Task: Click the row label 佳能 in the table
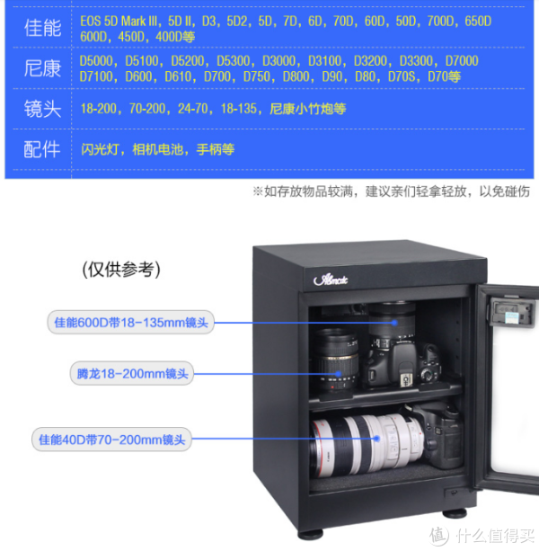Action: (42, 28)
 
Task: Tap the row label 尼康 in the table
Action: (42, 68)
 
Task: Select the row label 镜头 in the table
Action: (42, 109)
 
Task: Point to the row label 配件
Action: (42, 149)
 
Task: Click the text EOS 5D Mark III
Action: (119, 22)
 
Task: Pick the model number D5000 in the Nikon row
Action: (96, 61)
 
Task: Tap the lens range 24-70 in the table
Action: (193, 109)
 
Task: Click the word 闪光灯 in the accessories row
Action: (100, 150)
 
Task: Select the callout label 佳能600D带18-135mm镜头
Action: (131, 322)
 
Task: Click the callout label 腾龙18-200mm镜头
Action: (132, 374)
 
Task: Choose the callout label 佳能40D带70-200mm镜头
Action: (111, 440)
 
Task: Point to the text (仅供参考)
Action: (121, 270)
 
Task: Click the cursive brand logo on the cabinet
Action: (331, 280)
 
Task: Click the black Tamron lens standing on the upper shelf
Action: (336, 360)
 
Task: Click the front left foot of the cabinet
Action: (311, 533)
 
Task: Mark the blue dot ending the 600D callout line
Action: (394, 323)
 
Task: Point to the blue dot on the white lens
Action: (376, 439)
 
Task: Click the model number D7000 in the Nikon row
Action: (462, 61)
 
